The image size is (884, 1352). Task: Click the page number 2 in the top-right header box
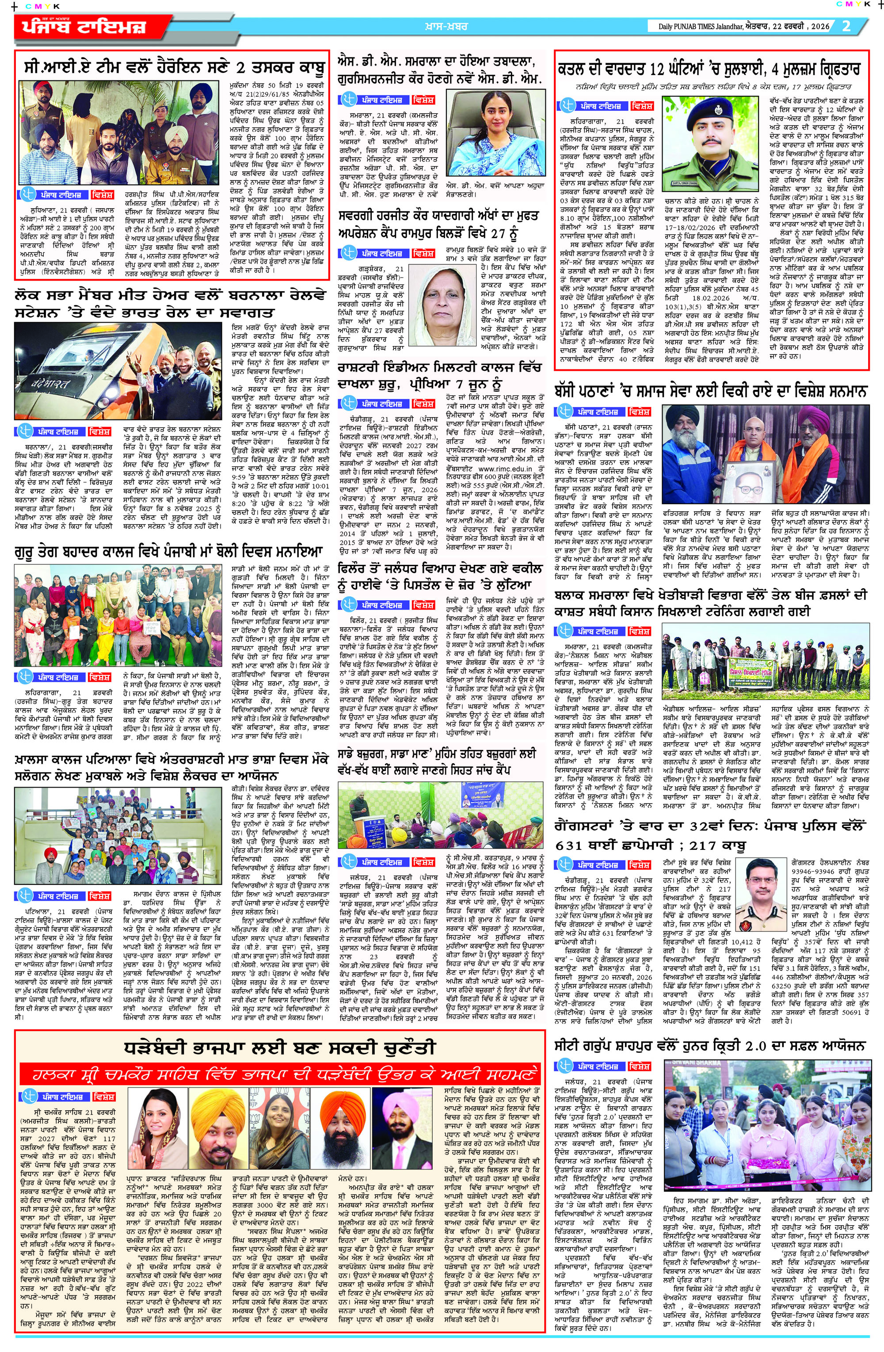pos(846,26)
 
